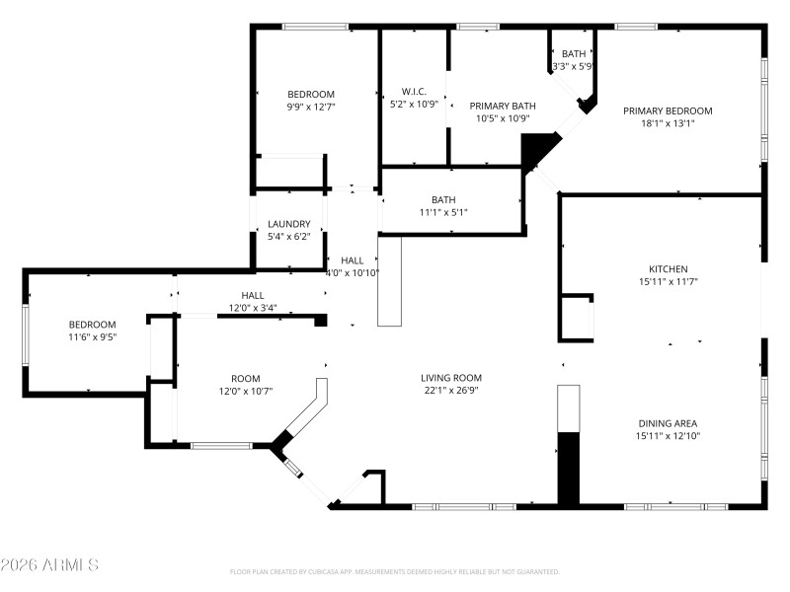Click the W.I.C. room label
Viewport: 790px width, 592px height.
pos(414,91)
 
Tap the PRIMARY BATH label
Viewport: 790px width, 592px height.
pos(503,106)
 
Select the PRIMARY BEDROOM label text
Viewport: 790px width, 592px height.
pos(668,111)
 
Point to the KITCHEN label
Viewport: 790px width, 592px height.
pos(668,268)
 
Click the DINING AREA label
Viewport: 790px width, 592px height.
pos(668,422)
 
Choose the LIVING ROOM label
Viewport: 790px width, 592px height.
pos(451,377)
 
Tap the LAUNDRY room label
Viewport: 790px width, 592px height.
pos(289,224)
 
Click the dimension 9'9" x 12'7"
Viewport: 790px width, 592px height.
pos(312,107)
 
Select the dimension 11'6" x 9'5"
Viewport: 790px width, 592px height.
pos(92,336)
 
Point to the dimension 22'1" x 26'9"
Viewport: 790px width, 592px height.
pos(451,390)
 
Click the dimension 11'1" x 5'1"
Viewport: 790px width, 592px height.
pos(443,212)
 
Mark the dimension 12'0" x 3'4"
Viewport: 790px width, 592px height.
pos(253,307)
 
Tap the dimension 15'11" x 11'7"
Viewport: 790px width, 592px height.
pos(668,281)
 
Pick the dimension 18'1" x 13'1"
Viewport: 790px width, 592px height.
pos(668,123)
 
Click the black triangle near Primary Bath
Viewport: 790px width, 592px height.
pos(537,149)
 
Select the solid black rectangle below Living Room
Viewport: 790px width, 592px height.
pos(568,468)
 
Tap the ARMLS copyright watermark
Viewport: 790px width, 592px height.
pos(49,565)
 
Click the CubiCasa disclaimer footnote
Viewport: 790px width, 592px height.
pos(395,571)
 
